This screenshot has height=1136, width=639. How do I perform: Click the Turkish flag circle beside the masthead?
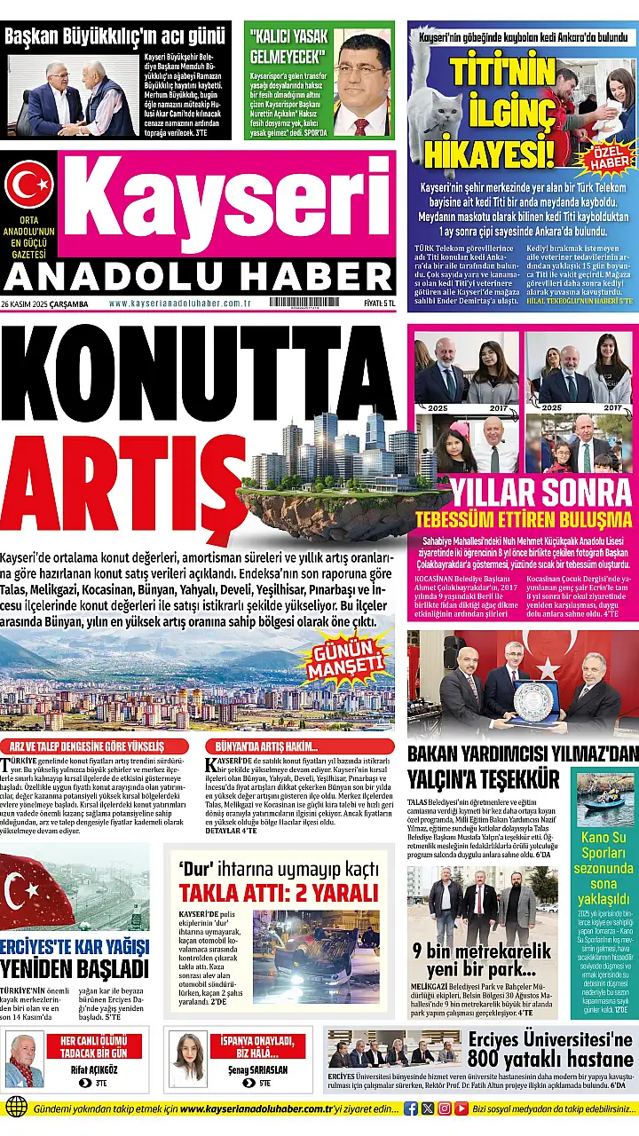pyautogui.click(x=29, y=184)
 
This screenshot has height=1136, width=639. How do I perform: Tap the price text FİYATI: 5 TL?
pyautogui.click(x=379, y=304)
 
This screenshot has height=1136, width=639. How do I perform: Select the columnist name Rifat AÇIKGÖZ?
pyautogui.click(x=93, y=1070)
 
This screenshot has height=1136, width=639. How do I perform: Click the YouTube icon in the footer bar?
pyautogui.click(x=462, y=1108)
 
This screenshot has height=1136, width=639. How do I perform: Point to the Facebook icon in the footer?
pyautogui.click(x=411, y=1108)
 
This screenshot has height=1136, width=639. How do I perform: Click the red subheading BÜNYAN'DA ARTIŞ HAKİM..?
pyautogui.click(x=264, y=746)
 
